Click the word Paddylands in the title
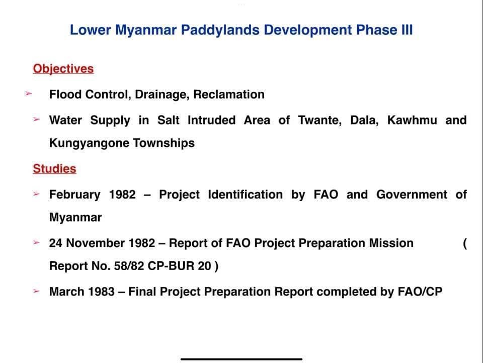click(220, 30)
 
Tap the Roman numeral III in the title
click(407, 30)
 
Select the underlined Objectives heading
click(63, 69)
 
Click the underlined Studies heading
click(54, 168)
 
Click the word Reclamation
click(229, 94)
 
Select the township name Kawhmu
click(412, 120)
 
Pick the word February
click(75, 195)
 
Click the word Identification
click(246, 195)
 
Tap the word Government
click(412, 195)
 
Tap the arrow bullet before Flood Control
click(29, 93)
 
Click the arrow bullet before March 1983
click(37, 291)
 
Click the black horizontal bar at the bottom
click(242, 359)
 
